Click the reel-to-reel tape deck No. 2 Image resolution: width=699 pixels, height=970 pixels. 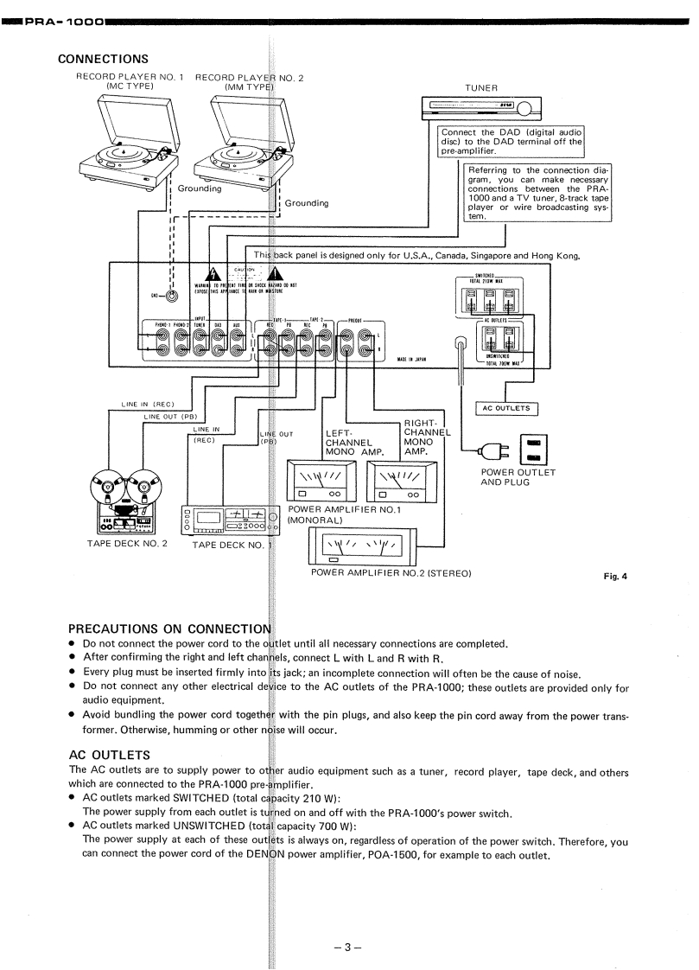[x=122, y=503]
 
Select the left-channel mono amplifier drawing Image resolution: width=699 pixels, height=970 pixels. [x=320, y=481]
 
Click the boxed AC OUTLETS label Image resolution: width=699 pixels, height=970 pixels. [x=508, y=408]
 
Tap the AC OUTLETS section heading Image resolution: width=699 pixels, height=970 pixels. [x=105, y=752]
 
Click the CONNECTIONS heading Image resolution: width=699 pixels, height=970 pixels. [x=103, y=59]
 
